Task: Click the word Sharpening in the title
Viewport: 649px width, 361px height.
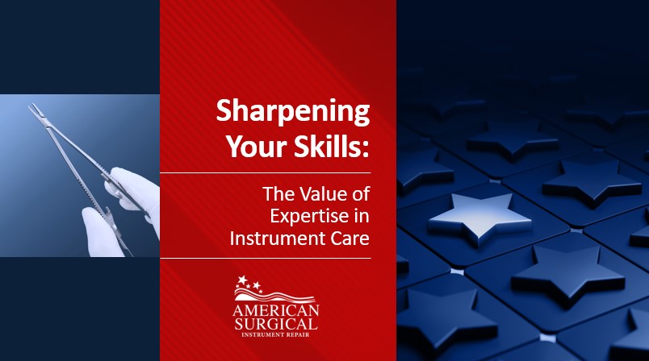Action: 293,112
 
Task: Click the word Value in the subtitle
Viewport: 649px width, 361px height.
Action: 324,193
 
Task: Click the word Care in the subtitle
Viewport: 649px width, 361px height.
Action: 350,239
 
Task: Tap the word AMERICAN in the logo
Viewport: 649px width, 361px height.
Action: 276,310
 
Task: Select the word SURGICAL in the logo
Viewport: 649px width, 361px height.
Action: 276,323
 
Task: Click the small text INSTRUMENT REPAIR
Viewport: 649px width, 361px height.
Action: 275,334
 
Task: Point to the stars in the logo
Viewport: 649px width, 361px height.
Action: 249,284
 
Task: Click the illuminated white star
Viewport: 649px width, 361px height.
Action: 479,218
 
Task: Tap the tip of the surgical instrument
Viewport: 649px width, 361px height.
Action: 31,106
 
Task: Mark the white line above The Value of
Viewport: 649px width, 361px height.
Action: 266,172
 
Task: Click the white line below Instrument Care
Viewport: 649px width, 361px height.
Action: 266,258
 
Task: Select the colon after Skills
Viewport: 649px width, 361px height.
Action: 365,150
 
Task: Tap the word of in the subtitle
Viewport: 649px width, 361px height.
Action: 362,193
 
